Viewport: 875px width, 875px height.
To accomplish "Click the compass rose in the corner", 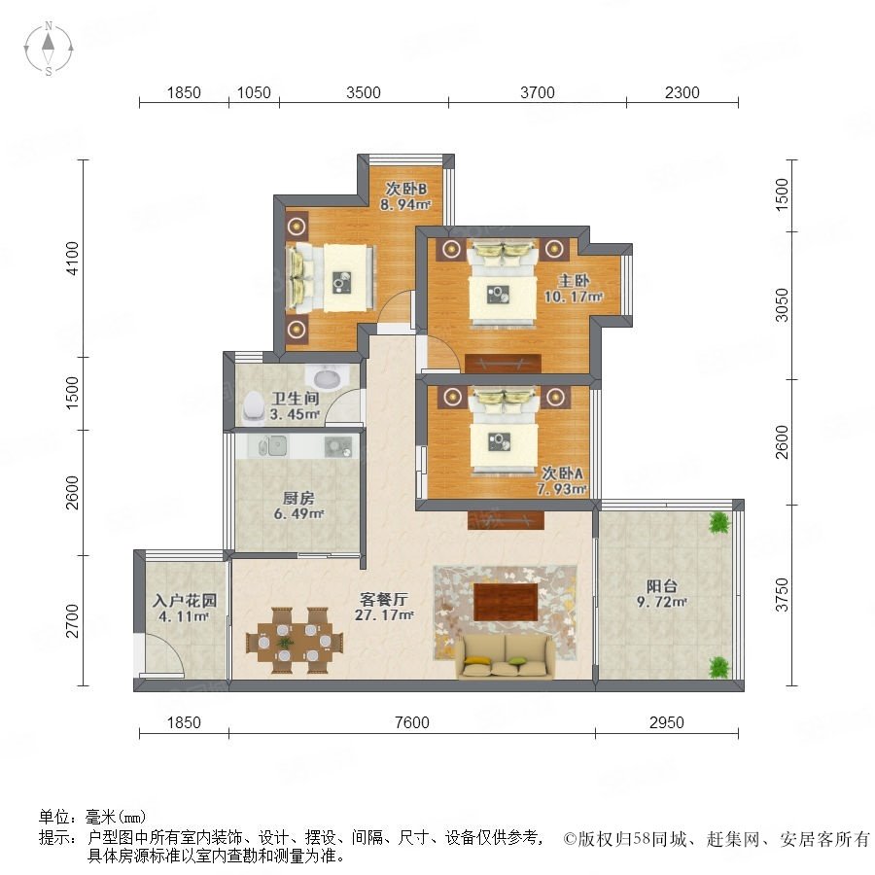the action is [49, 48].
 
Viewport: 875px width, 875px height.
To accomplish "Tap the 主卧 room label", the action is [573, 280].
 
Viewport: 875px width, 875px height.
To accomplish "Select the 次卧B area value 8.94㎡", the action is [405, 205].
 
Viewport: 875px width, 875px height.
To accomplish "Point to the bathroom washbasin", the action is [328, 378].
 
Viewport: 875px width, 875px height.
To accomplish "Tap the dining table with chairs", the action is [295, 641].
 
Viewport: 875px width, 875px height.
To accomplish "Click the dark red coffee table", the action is [506, 602].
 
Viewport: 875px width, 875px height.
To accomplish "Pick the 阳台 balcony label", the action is [662, 586].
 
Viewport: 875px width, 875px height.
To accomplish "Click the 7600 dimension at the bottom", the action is [412, 722].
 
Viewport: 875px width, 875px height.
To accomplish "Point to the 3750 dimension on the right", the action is [783, 595].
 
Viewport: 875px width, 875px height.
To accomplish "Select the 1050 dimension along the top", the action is [254, 92].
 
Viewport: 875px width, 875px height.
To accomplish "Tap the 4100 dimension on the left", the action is [73, 259].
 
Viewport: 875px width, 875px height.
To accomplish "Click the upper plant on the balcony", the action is [719, 523].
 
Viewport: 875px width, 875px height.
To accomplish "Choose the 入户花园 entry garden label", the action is [185, 601].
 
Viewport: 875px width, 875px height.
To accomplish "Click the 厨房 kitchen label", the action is [298, 498].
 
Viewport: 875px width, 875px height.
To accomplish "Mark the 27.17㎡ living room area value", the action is [384, 615].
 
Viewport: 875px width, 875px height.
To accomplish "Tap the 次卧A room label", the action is [563, 473].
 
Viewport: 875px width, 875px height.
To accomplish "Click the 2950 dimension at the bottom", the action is [667, 722].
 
